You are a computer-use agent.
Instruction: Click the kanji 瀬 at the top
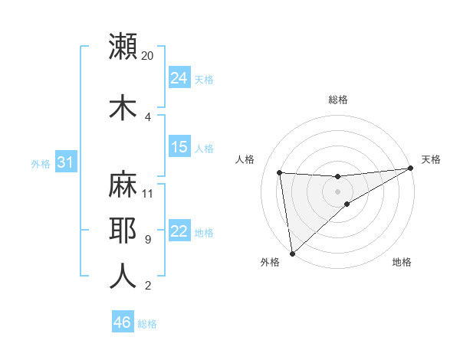(123, 47)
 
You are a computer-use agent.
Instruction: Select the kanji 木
(123, 106)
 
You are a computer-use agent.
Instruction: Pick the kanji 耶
(123, 230)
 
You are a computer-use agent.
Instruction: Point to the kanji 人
(123, 276)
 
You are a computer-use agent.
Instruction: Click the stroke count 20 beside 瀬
(148, 56)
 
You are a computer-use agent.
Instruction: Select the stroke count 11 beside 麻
(148, 193)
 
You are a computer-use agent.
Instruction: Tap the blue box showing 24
(179, 78)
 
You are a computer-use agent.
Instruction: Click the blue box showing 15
(179, 147)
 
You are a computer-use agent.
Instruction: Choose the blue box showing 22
(179, 231)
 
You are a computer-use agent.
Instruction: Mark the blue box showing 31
(65, 162)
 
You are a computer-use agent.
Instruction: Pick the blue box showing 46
(123, 322)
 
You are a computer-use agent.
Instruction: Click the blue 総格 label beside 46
(147, 324)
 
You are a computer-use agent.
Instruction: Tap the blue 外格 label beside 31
(41, 164)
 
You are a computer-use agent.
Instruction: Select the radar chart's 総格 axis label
(338, 100)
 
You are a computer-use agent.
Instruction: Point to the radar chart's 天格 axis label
(431, 159)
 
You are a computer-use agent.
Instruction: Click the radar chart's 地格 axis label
(402, 262)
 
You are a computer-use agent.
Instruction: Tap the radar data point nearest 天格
(411, 169)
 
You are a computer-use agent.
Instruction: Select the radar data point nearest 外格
(292, 254)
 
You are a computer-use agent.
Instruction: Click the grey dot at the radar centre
(338, 191)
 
